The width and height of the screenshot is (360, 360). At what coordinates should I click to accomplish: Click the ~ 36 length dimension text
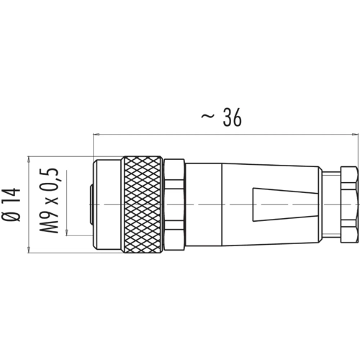click(x=221, y=117)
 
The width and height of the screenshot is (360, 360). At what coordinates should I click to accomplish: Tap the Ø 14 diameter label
click(x=12, y=204)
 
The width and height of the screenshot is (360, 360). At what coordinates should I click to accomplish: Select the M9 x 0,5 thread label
click(x=49, y=200)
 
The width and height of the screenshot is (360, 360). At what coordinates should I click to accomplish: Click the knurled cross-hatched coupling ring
click(x=142, y=204)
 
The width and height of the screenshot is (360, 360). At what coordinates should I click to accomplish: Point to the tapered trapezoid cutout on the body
click(x=286, y=204)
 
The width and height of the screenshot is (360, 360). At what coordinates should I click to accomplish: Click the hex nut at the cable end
click(x=349, y=204)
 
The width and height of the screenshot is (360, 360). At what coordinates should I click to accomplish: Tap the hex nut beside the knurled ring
click(x=174, y=204)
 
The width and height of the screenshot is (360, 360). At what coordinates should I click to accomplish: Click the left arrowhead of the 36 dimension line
click(x=96, y=135)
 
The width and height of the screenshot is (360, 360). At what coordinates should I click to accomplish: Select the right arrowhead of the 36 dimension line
click(x=355, y=135)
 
